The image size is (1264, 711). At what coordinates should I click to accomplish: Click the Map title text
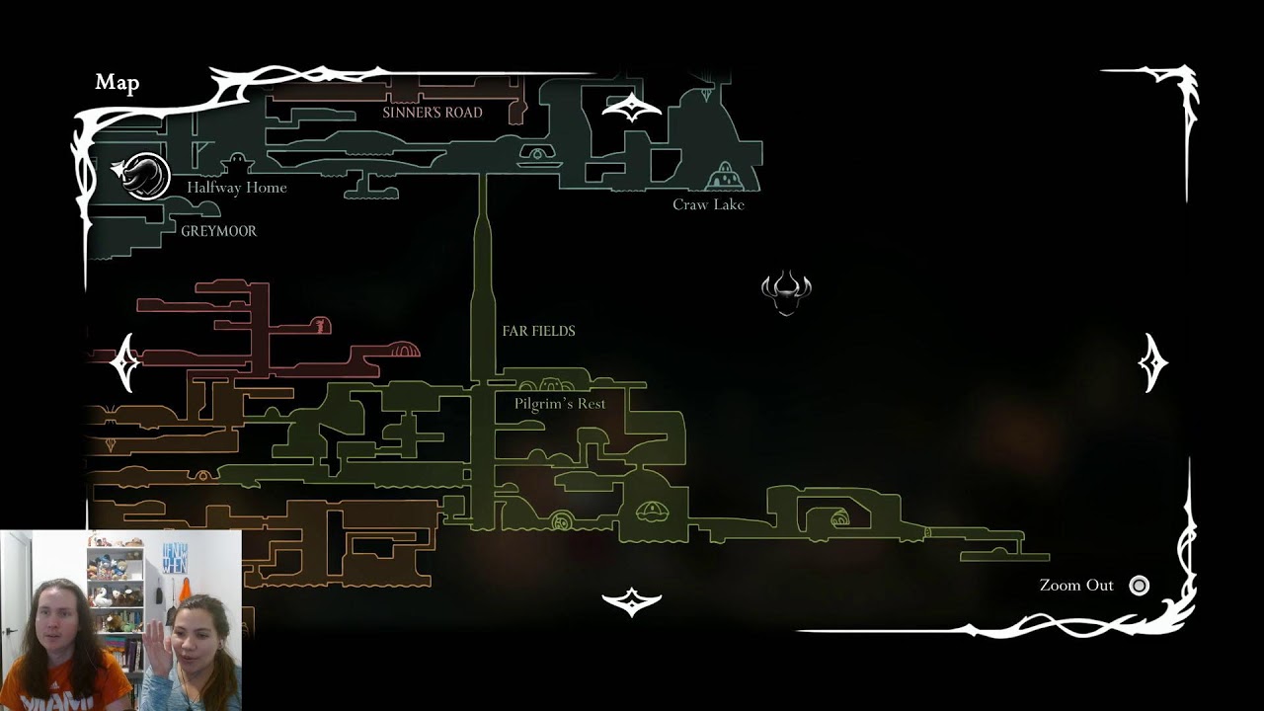coord(118,83)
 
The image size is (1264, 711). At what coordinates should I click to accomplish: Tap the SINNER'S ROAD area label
coord(433,113)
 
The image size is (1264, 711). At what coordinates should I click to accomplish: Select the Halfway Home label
coord(237,188)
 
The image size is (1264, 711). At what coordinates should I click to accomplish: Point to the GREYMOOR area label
coord(219,231)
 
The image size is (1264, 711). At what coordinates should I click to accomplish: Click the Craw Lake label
coord(708,204)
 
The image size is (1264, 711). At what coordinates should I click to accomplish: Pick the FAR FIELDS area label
coord(539,331)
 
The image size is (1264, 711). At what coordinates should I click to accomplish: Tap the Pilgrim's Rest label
coord(560,404)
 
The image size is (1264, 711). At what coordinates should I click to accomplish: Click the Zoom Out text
coord(1076,586)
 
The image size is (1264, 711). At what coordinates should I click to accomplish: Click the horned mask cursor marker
coord(786,292)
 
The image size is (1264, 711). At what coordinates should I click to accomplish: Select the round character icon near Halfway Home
coord(145,176)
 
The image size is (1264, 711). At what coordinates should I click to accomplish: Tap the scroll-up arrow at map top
coord(631,108)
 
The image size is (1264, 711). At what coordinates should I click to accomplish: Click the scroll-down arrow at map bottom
coord(631,602)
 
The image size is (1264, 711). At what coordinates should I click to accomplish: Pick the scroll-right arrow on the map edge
coord(1152,362)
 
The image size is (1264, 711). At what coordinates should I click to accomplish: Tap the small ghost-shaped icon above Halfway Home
coord(238,164)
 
